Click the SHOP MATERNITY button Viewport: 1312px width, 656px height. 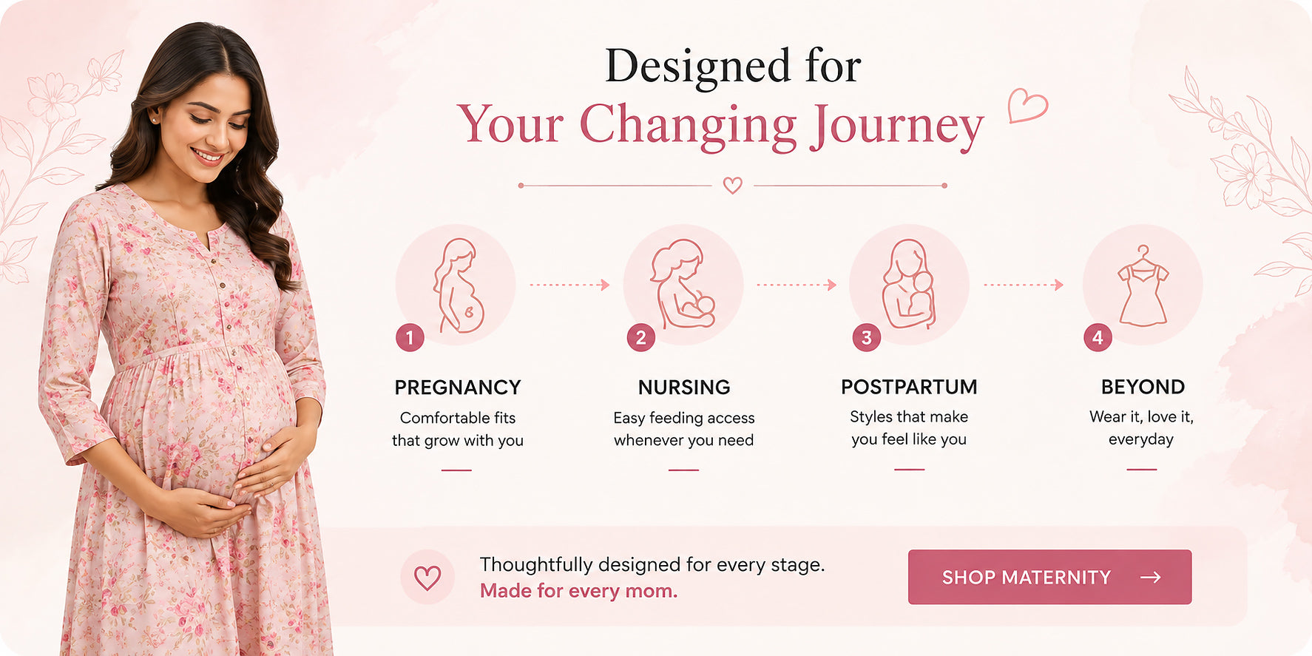(1049, 577)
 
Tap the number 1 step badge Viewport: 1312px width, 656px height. (410, 338)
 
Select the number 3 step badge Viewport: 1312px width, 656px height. (866, 338)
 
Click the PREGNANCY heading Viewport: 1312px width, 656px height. (458, 388)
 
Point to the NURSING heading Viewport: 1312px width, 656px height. (684, 388)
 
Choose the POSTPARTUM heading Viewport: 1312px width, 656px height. (909, 387)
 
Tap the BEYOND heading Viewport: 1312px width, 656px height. (1143, 387)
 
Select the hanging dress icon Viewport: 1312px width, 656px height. (1143, 286)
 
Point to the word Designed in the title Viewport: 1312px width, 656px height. (697, 66)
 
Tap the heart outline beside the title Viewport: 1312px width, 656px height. (1028, 106)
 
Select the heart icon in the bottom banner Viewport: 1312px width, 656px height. (427, 577)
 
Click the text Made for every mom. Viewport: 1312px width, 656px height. (578, 591)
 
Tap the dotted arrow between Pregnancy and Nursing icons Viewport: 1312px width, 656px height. (569, 285)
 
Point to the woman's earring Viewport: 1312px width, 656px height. (153, 118)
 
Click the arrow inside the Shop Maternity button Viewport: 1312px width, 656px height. (1151, 577)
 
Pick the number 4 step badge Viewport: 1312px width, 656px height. (1098, 338)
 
